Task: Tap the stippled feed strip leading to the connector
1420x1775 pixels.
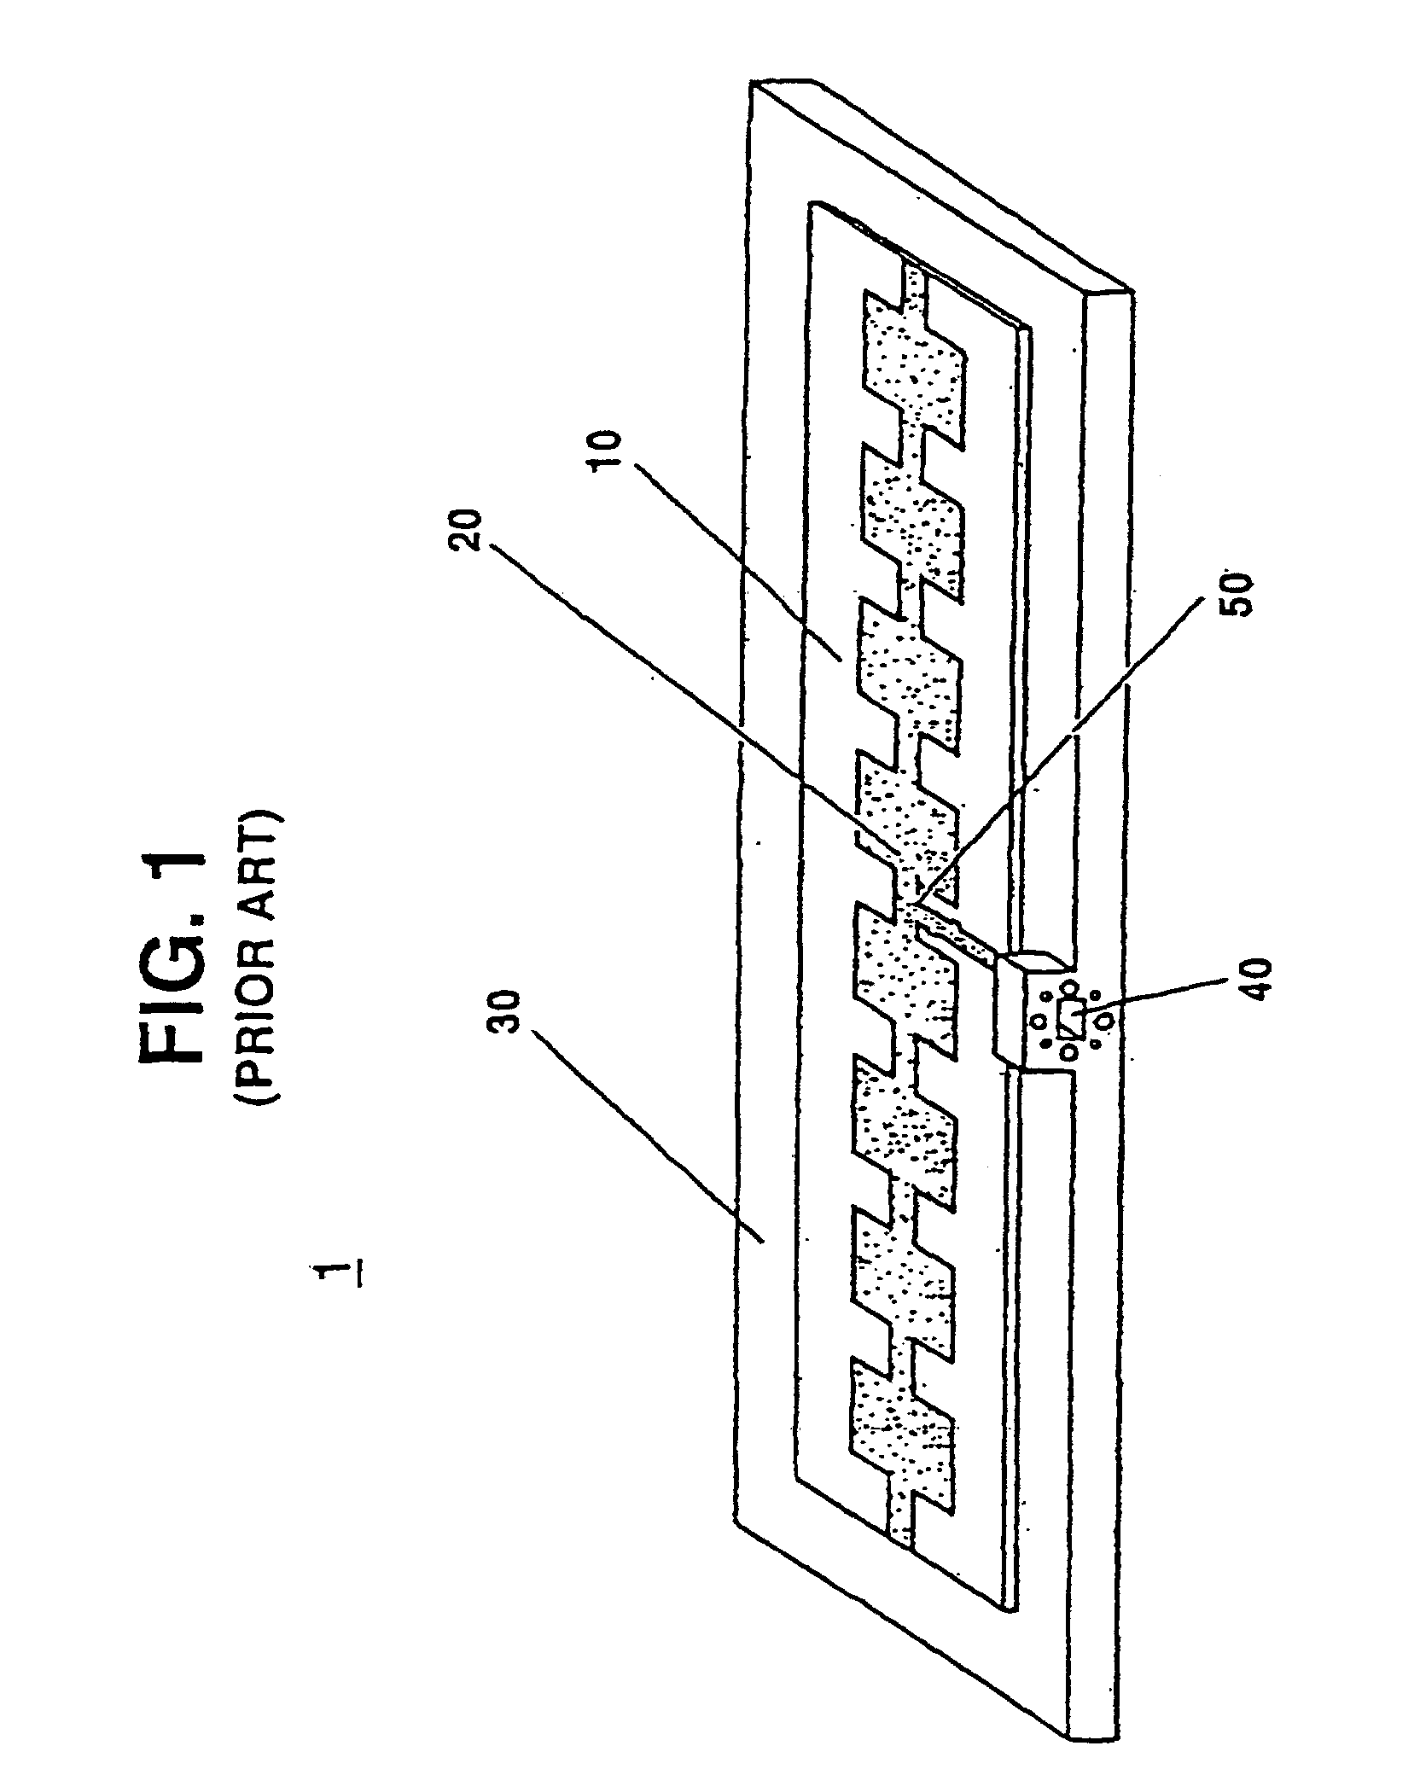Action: (x=956, y=939)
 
